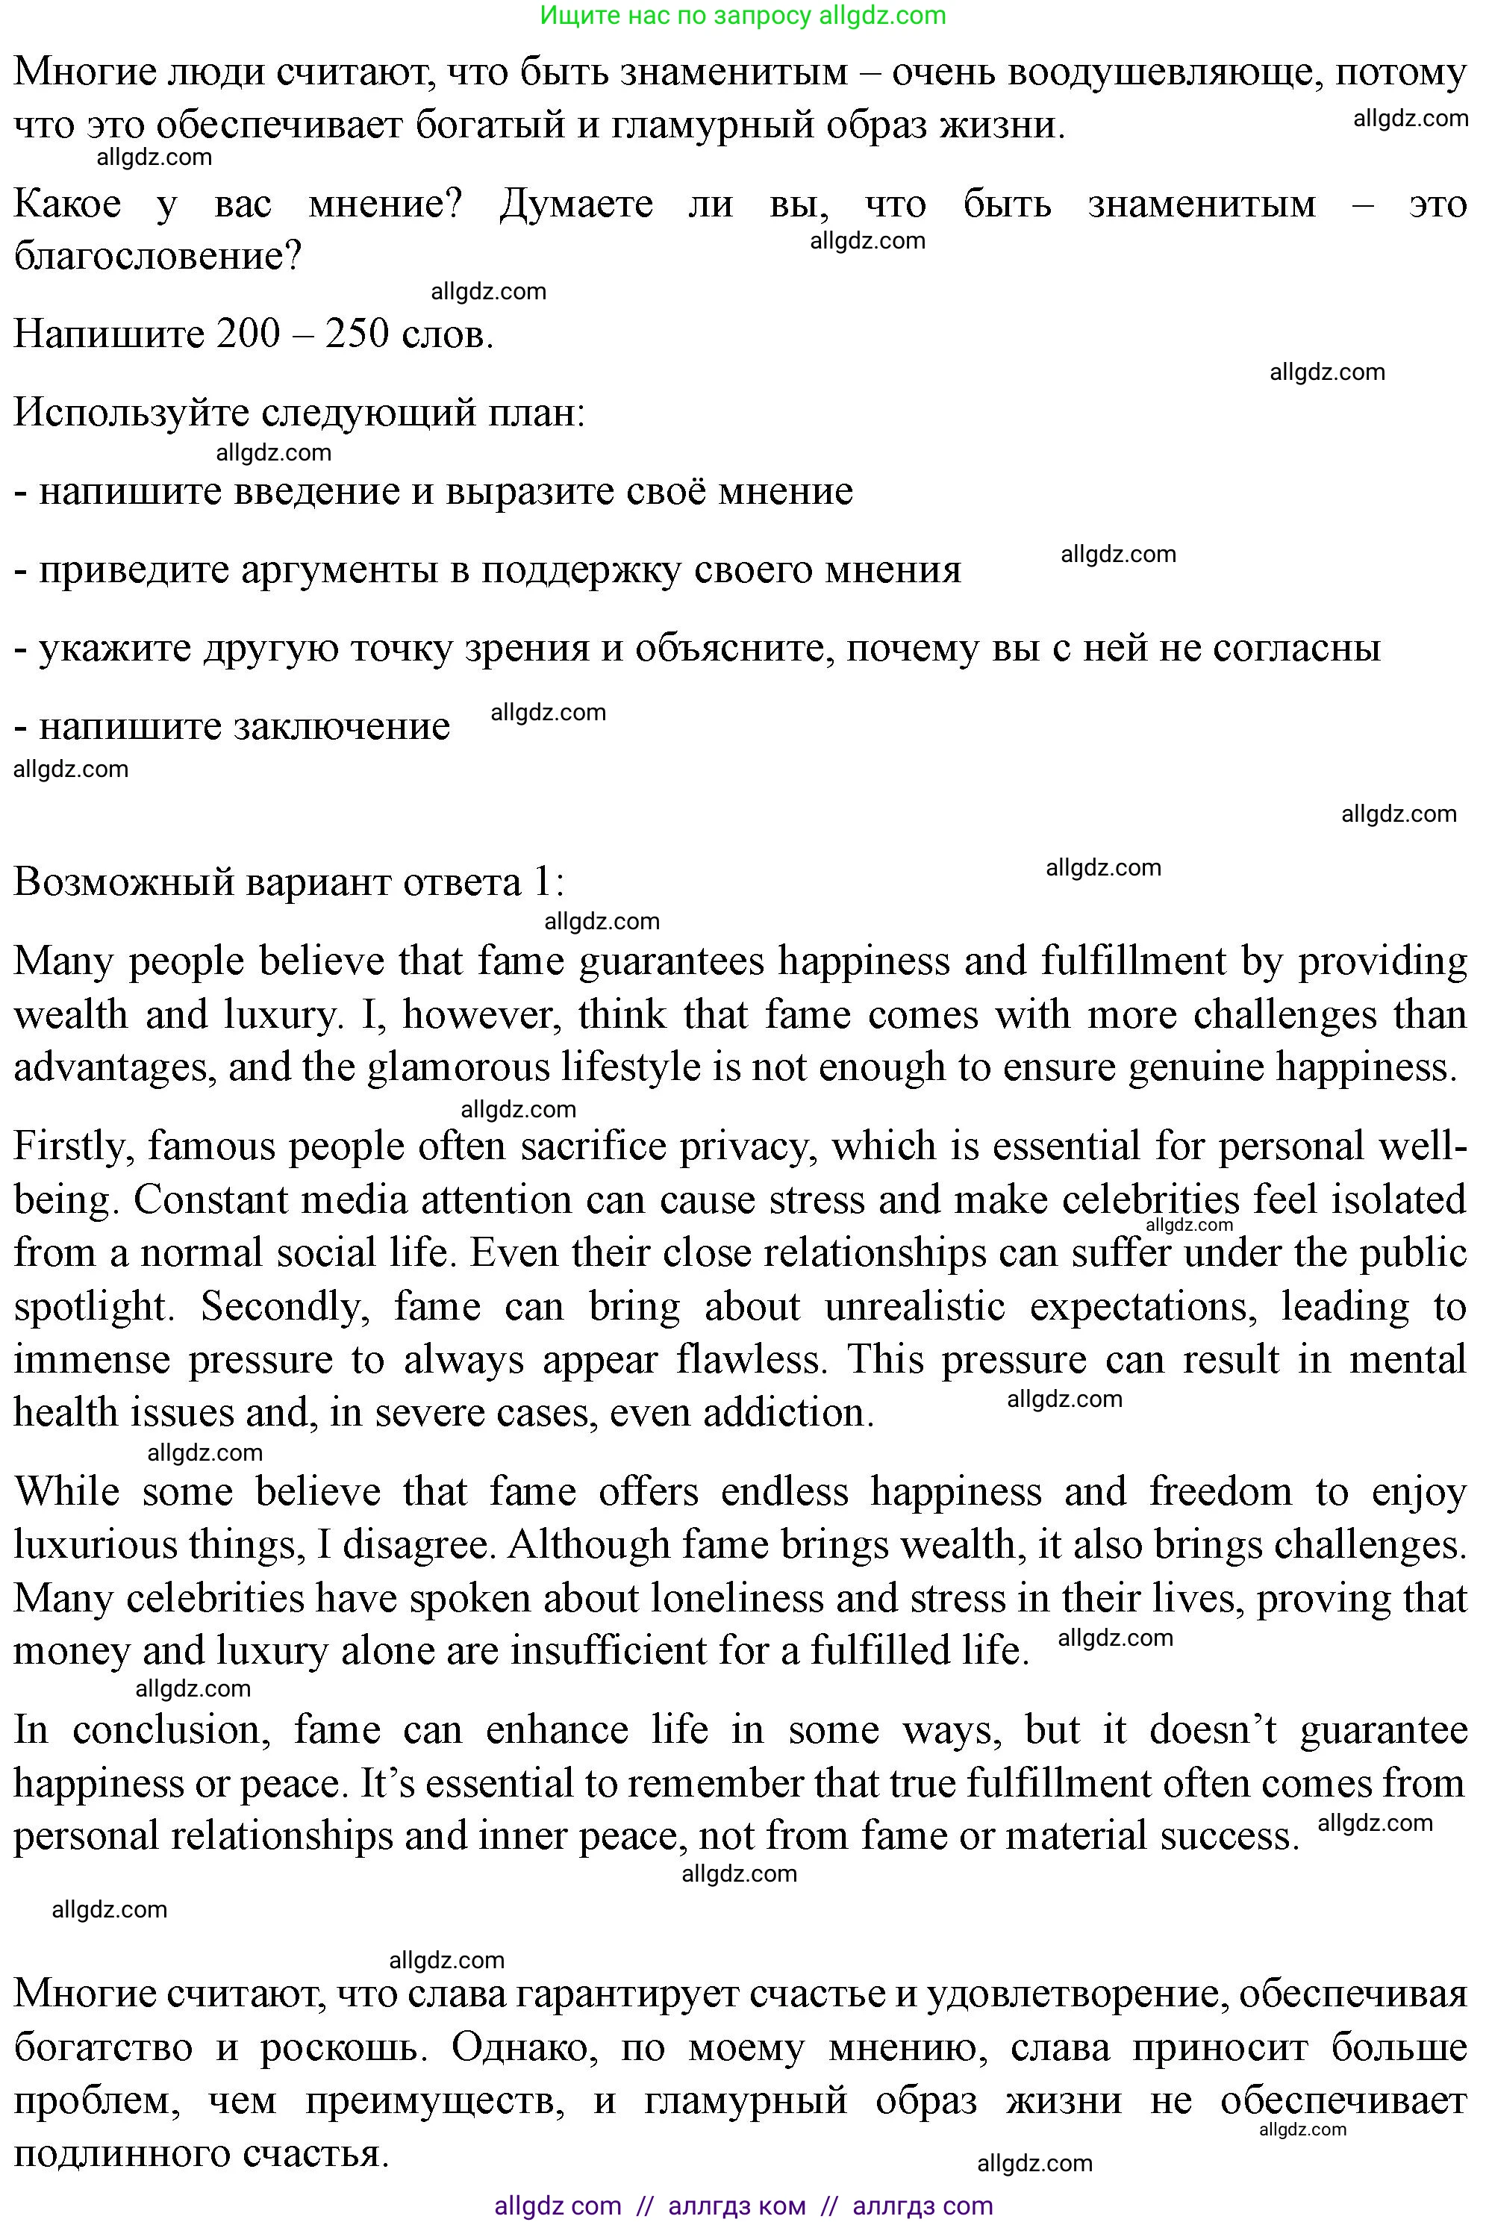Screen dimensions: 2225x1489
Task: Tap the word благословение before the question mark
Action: (x=147, y=257)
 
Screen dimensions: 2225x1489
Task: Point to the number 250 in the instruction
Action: (x=357, y=334)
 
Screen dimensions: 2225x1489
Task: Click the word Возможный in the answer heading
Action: (x=123, y=882)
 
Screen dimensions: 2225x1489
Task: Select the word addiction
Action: (x=788, y=1413)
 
